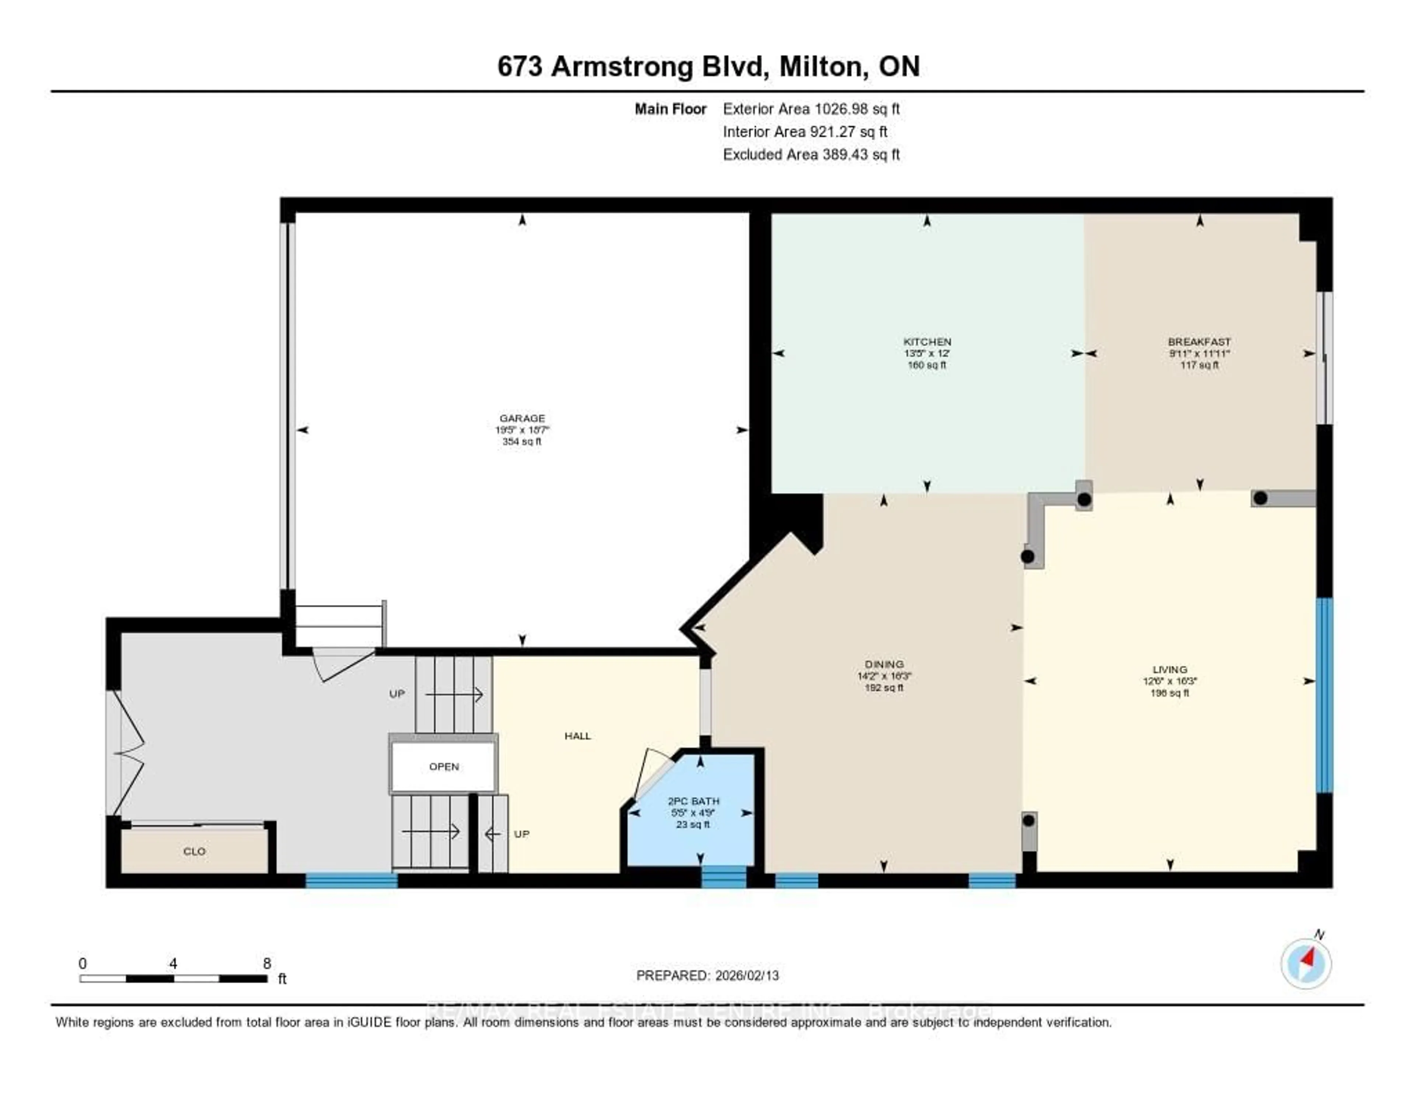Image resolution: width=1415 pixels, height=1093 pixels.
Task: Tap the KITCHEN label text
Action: point(927,342)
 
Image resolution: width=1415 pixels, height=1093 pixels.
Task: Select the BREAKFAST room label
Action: point(1199,342)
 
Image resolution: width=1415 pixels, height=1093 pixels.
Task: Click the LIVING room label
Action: point(1170,669)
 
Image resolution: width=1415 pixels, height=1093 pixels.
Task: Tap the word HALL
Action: point(577,736)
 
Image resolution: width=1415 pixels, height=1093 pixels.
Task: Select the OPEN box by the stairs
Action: point(444,767)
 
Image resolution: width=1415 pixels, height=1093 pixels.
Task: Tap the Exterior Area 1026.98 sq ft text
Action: point(811,109)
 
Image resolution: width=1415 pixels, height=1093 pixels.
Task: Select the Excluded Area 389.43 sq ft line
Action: point(811,154)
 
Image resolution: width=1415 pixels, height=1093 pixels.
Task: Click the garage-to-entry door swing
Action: point(340,664)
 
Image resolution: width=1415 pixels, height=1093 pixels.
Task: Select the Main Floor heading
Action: point(670,109)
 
